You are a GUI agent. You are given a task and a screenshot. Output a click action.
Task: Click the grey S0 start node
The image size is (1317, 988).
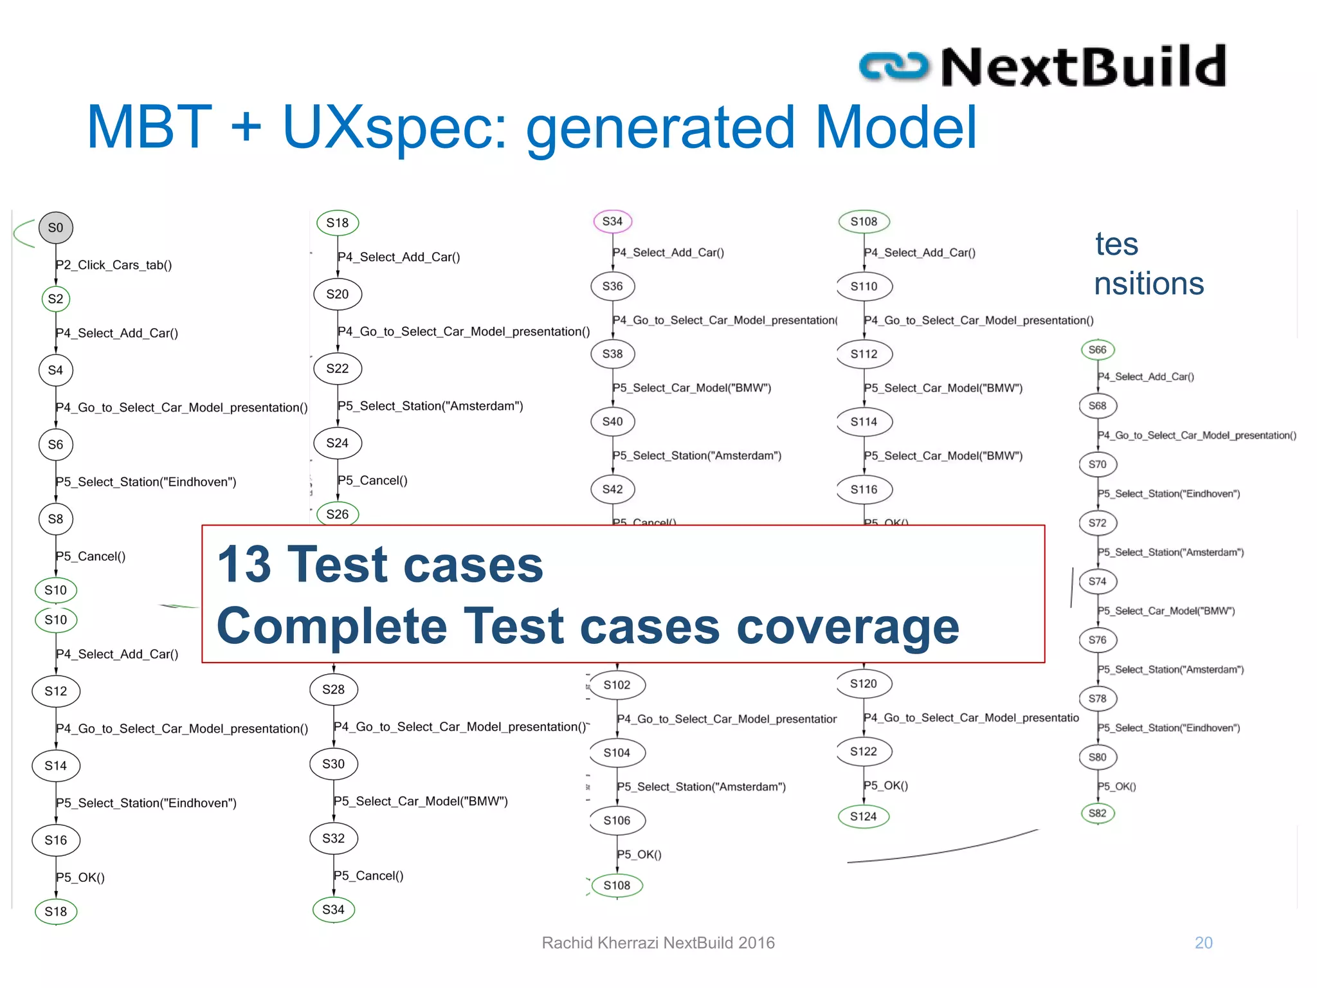click(x=56, y=228)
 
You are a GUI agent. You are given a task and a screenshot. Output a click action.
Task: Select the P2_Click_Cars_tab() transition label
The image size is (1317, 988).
click(x=114, y=265)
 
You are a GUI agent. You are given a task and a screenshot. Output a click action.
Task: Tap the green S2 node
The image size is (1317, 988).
click(x=56, y=299)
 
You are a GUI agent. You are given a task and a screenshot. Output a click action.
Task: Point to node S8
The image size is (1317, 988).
click(x=56, y=519)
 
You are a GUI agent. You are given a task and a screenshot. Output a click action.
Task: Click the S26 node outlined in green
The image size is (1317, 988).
click(x=338, y=514)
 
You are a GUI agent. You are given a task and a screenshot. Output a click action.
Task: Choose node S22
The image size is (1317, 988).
click(x=338, y=369)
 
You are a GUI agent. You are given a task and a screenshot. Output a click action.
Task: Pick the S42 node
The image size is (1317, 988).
click(x=613, y=489)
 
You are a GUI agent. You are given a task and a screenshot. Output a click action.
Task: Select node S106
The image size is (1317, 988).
click(x=617, y=821)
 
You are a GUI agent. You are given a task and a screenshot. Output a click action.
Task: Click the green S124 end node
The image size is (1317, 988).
click(x=864, y=817)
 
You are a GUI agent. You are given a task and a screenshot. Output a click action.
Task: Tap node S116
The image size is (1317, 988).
click(x=864, y=489)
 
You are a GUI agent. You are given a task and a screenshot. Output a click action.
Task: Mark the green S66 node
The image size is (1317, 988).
click(x=1098, y=350)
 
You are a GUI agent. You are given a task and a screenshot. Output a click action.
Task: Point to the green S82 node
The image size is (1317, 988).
click(x=1098, y=813)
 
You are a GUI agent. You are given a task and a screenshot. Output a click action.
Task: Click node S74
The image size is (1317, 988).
click(x=1098, y=581)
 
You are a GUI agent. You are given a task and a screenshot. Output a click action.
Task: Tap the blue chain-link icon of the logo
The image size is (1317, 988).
click(x=894, y=67)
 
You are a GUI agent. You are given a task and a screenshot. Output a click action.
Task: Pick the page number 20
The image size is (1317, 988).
click(x=1203, y=943)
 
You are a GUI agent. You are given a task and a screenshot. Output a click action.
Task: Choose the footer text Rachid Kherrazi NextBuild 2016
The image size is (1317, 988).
click(x=658, y=943)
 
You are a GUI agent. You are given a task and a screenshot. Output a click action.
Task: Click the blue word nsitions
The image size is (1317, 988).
click(x=1149, y=284)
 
